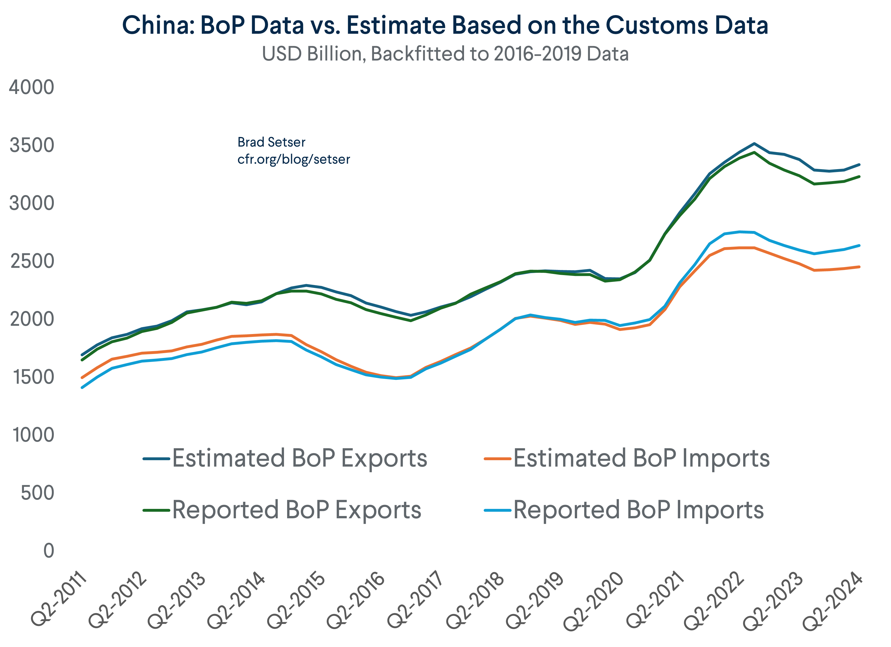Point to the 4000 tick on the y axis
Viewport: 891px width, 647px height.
pos(31,87)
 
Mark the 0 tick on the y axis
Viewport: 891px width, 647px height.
pos(48,551)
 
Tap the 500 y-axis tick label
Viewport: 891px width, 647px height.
pos(37,493)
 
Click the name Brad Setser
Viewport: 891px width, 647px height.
pos(271,142)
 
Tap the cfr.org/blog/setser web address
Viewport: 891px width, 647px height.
pos(293,159)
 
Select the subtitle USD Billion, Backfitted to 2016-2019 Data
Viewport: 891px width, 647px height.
pos(445,54)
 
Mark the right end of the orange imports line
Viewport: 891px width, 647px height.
pos(859,267)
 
